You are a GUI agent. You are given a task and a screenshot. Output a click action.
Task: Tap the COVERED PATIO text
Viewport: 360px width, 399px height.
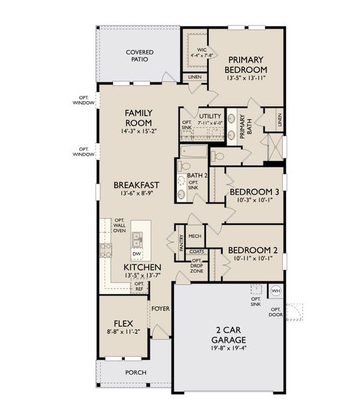click(x=139, y=55)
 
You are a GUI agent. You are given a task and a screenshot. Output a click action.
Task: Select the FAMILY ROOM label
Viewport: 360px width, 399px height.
click(x=139, y=118)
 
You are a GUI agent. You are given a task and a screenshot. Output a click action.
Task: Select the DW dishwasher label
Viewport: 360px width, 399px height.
click(x=137, y=253)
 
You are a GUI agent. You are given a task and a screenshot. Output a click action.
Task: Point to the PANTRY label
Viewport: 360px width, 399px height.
click(x=179, y=242)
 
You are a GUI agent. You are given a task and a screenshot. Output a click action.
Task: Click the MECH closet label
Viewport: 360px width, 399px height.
click(x=195, y=236)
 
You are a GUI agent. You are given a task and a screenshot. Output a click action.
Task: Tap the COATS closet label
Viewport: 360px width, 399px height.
click(x=196, y=251)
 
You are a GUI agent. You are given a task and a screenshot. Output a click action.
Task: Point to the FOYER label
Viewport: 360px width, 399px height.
click(x=159, y=309)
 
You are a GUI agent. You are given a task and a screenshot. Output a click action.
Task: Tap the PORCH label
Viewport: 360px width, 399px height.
click(x=135, y=372)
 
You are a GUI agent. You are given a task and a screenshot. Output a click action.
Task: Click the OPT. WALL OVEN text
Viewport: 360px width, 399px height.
click(x=120, y=225)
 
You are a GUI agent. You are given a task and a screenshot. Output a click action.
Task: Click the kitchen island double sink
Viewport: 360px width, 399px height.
click(x=137, y=237)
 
